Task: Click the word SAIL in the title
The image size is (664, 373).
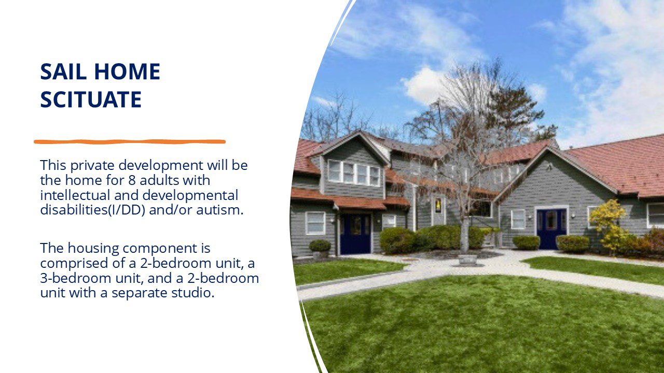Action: [63, 71]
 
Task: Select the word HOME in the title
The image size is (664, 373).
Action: [128, 71]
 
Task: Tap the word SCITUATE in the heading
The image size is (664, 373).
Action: [91, 99]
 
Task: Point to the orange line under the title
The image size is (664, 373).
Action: [130, 142]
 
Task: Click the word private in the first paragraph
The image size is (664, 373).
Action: [92, 165]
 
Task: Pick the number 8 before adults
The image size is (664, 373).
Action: [132, 180]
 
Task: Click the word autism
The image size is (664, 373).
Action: [219, 210]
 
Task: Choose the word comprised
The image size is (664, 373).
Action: [74, 264]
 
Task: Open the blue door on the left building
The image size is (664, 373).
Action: [355, 234]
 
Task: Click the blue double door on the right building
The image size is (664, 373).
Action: [551, 229]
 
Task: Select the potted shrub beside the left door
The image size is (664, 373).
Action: [320, 249]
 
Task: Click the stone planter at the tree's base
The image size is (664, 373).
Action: [467, 260]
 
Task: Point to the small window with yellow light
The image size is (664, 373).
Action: [438, 206]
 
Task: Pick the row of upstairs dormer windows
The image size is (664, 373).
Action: [354, 173]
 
